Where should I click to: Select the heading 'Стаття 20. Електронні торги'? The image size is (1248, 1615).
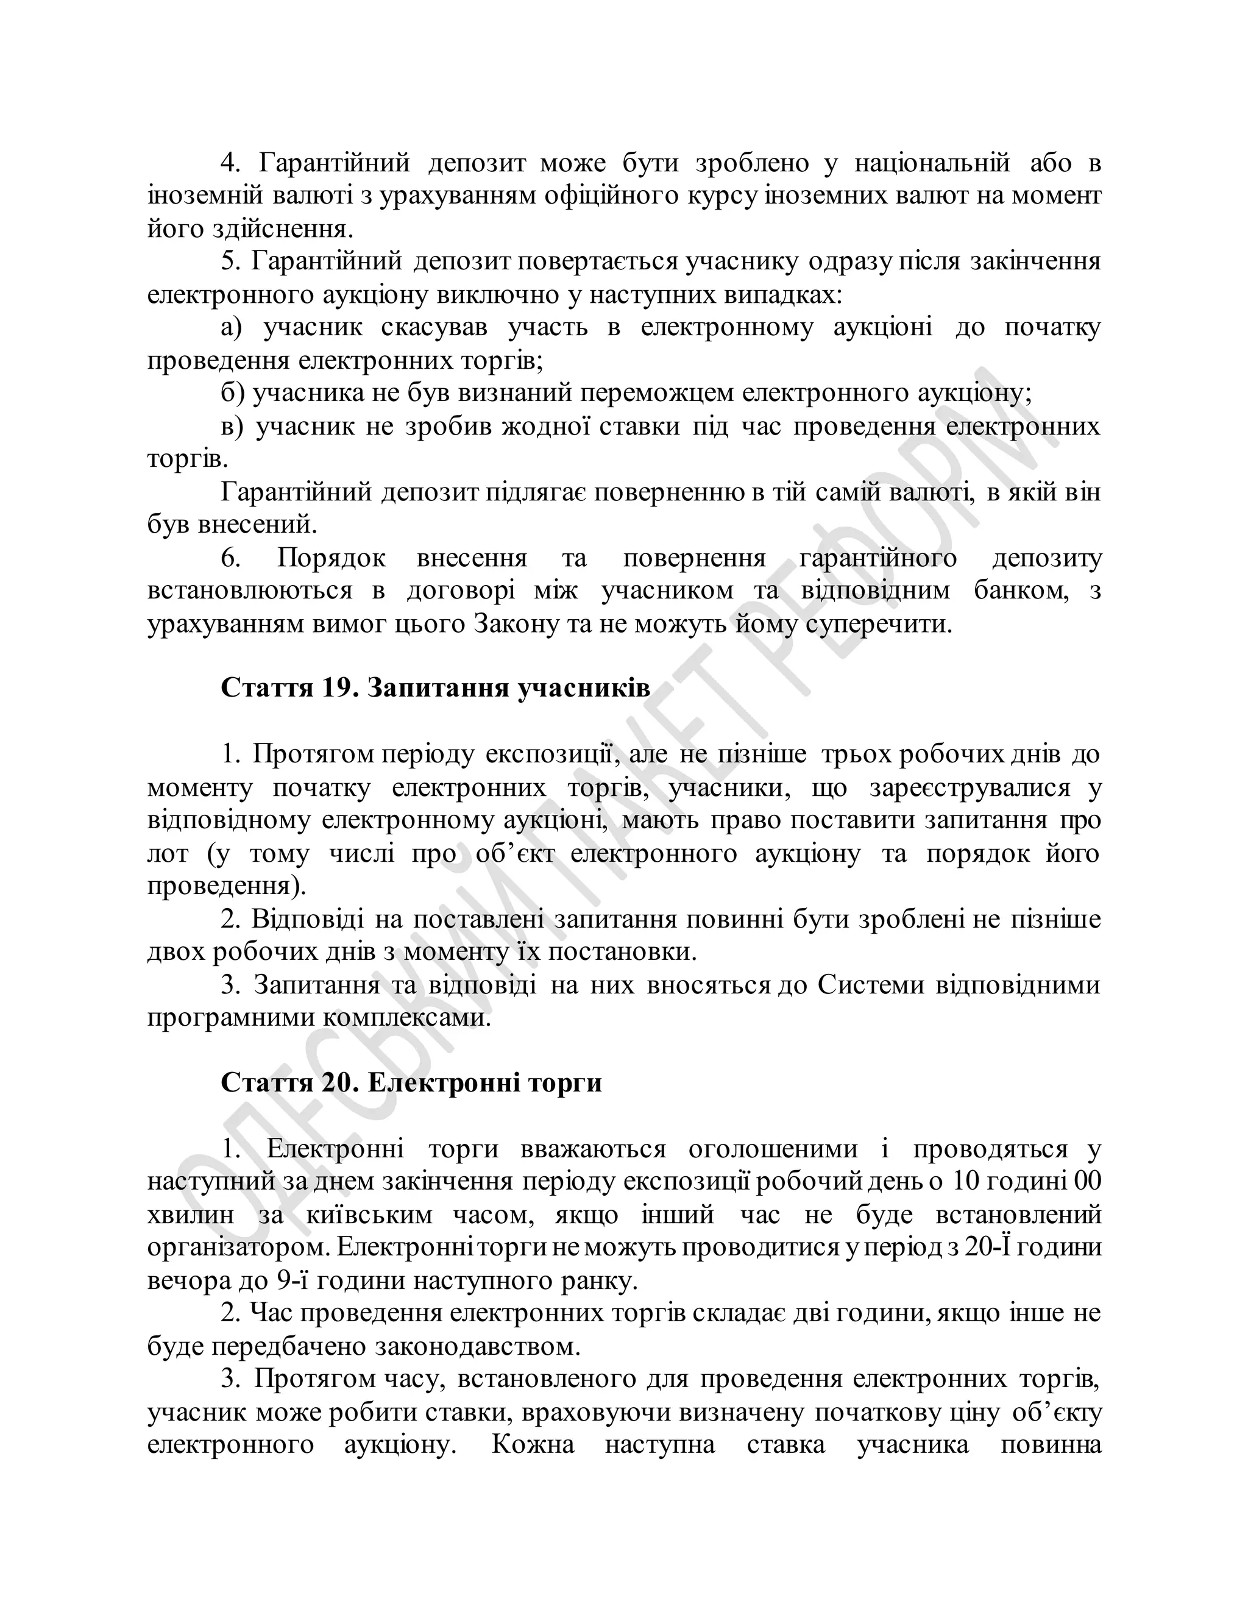point(411,1084)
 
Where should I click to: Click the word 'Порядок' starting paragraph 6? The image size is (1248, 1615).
point(331,558)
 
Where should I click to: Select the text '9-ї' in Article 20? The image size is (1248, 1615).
point(290,1282)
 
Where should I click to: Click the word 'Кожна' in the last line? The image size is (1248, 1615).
point(533,1445)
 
